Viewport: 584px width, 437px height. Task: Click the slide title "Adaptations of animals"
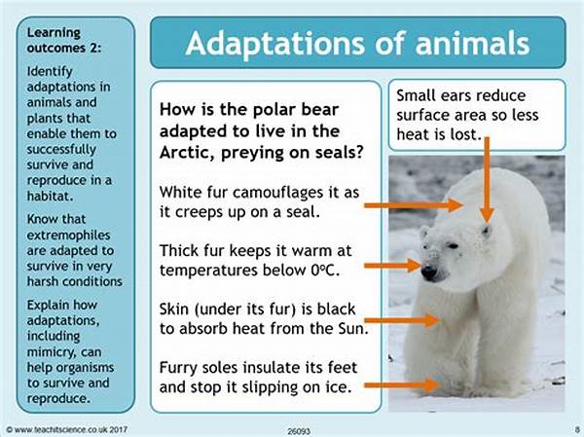(x=357, y=43)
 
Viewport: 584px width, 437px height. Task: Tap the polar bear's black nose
(x=428, y=273)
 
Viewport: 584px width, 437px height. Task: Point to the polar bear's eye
(x=453, y=246)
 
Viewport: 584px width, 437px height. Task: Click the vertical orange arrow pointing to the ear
(x=486, y=179)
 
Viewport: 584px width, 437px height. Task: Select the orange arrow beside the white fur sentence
(x=414, y=205)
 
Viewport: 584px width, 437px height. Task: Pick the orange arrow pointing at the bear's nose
(x=392, y=266)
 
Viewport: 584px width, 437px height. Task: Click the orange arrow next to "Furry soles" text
(x=401, y=384)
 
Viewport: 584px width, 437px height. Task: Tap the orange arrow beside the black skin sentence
(x=401, y=320)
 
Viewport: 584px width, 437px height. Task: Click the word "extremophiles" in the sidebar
(x=68, y=236)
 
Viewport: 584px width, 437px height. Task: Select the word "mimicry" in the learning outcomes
(x=52, y=352)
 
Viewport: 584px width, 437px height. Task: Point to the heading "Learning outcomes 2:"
(x=64, y=40)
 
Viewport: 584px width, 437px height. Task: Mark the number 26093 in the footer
(x=299, y=431)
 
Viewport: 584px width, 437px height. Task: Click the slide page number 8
(x=576, y=429)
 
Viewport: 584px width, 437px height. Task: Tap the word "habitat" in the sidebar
(x=50, y=196)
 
